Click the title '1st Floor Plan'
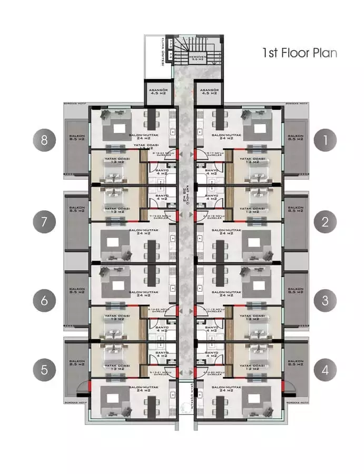pyautogui.click(x=300, y=53)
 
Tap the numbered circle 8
pyautogui.click(x=44, y=140)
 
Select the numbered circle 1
pyautogui.click(x=325, y=140)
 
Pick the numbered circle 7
pyautogui.click(x=44, y=222)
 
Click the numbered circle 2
pyautogui.click(x=325, y=222)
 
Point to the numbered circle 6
pyautogui.click(x=44, y=301)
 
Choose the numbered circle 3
pyautogui.click(x=325, y=301)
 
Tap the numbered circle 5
pyautogui.click(x=44, y=370)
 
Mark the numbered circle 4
pyautogui.click(x=325, y=370)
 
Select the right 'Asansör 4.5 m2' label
pyautogui.click(x=209, y=93)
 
